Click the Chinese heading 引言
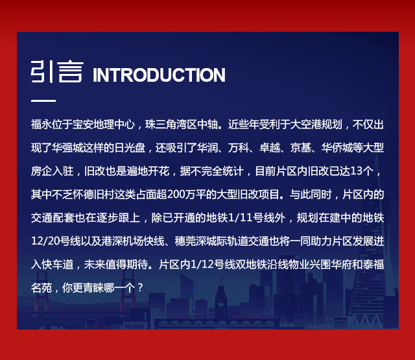(57, 72)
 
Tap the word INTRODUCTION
(159, 75)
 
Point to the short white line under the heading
(43, 101)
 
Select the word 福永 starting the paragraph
(41, 125)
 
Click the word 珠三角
(160, 125)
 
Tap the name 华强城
(67, 148)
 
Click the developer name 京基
(300, 148)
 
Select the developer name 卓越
(270, 148)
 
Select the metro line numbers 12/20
(45, 241)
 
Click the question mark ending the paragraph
(140, 288)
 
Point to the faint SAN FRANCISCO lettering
(254, 317)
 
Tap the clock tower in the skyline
(220, 299)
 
